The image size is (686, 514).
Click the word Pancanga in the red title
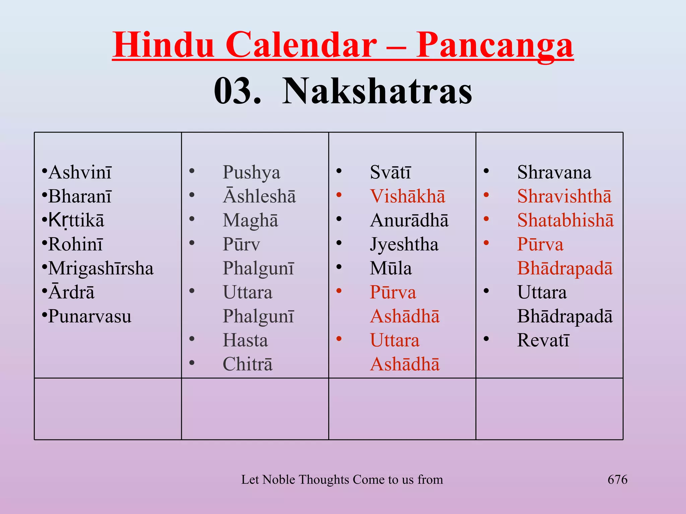click(x=494, y=45)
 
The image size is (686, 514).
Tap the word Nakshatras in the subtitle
click(x=377, y=91)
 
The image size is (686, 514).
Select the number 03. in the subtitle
click(x=237, y=91)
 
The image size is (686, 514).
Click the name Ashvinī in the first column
click(x=80, y=173)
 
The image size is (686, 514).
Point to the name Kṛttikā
click(x=76, y=221)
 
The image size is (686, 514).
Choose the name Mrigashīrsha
click(x=101, y=268)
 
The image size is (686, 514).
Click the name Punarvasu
click(x=90, y=317)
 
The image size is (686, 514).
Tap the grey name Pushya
click(x=251, y=173)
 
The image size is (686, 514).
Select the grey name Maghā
click(x=250, y=221)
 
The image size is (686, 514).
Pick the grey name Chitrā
click(x=248, y=364)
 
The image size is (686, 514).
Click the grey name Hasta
click(x=245, y=340)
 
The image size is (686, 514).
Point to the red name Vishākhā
click(x=407, y=196)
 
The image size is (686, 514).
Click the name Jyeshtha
click(x=404, y=245)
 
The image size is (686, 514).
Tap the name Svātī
click(x=390, y=173)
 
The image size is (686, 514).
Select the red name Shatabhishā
click(x=565, y=221)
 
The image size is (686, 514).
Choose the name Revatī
click(x=543, y=340)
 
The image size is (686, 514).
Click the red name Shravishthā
click(x=564, y=196)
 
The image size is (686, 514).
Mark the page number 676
click(x=617, y=480)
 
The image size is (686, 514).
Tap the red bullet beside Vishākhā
click(x=339, y=195)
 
